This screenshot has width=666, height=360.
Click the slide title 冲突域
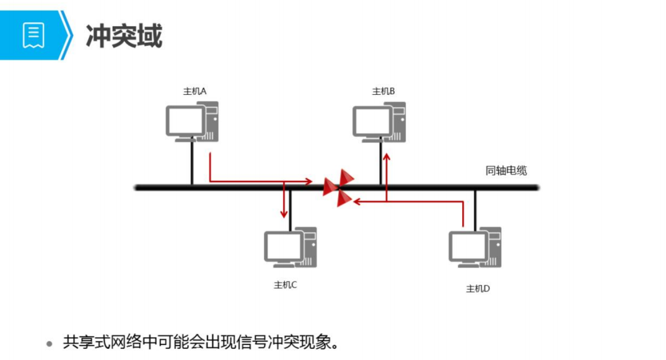coord(124,36)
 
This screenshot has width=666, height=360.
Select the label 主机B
coord(383,91)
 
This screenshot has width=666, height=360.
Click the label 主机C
coord(285,285)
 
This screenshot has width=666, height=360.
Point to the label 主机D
coord(478,288)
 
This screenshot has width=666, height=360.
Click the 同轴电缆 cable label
coord(506,171)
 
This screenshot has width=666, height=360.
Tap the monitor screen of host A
coord(185,120)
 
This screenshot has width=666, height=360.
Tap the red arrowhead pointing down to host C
coord(284,214)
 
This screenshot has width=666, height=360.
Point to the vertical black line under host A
coord(192,162)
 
